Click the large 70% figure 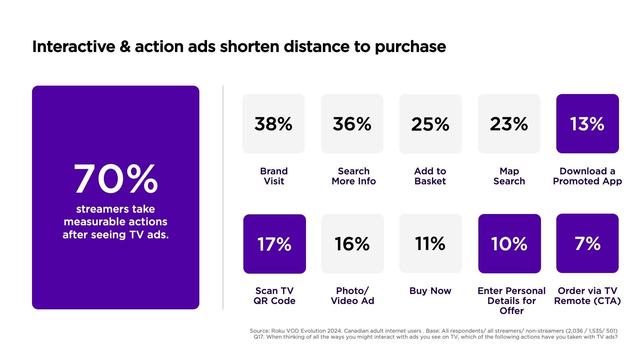tap(116, 179)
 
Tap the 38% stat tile tap(273, 124)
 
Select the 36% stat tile tap(352, 124)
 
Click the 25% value tap(430, 124)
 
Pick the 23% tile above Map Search tap(509, 124)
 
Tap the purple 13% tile tap(587, 124)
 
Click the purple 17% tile tap(274, 244)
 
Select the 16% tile tap(352, 244)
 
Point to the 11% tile tap(430, 243)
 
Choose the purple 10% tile tap(509, 244)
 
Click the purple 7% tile tap(587, 243)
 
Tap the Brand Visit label tap(274, 176)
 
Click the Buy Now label tap(430, 291)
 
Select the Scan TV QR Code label tap(274, 296)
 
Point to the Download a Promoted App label tap(587, 176)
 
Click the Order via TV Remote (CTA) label tap(587, 296)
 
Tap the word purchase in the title tap(410, 47)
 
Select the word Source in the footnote tap(259, 331)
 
